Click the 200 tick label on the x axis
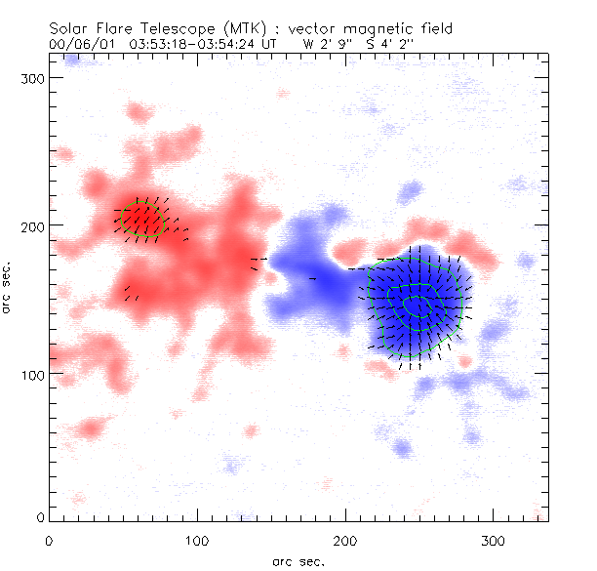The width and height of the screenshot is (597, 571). pos(345,540)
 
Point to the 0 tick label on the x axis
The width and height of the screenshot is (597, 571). pos(49,540)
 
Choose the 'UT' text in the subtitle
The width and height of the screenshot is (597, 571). pos(270,45)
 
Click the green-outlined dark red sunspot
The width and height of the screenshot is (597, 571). pos(140,219)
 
